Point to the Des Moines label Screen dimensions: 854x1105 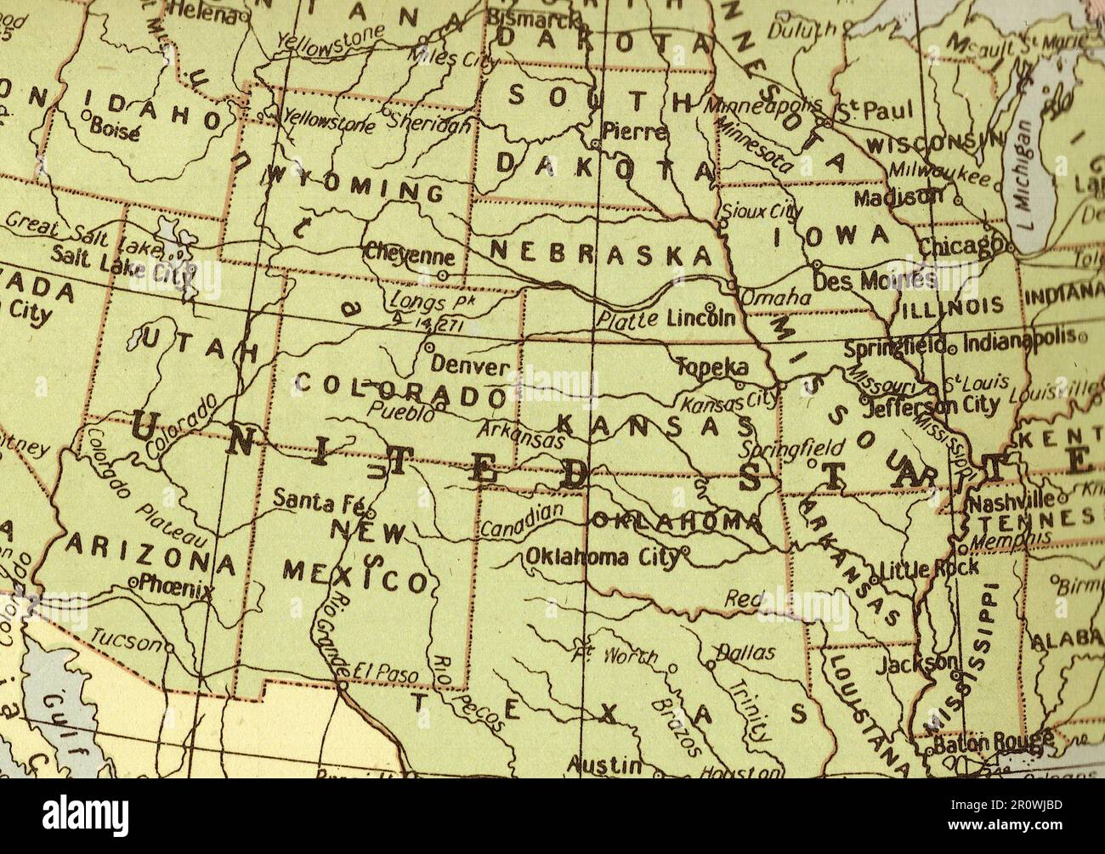click(x=874, y=279)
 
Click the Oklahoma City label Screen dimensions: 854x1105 click(x=602, y=557)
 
